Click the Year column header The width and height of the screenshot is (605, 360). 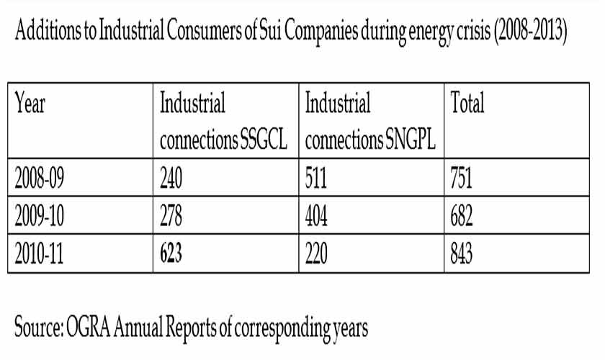30,105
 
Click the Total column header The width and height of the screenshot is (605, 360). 467,105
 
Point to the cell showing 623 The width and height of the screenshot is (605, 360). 172,255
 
